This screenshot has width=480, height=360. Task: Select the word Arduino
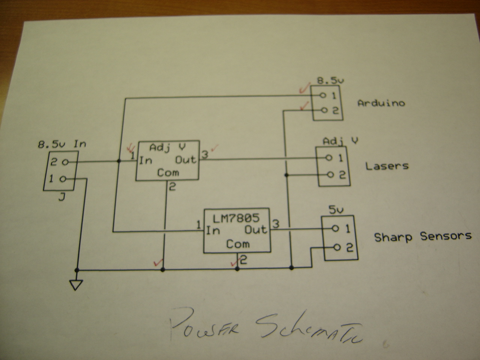(381, 103)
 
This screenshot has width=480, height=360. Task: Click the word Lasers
(387, 165)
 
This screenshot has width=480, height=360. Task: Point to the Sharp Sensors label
(423, 237)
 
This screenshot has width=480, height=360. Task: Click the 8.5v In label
(62, 143)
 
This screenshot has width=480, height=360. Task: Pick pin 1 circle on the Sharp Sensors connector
(335, 229)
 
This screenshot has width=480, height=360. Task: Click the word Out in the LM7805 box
(256, 229)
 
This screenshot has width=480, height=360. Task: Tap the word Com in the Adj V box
(168, 173)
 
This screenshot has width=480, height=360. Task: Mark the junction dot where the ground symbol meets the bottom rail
(77, 270)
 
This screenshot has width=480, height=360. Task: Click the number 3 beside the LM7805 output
(276, 224)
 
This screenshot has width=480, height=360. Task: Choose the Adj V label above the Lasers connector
(340, 141)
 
